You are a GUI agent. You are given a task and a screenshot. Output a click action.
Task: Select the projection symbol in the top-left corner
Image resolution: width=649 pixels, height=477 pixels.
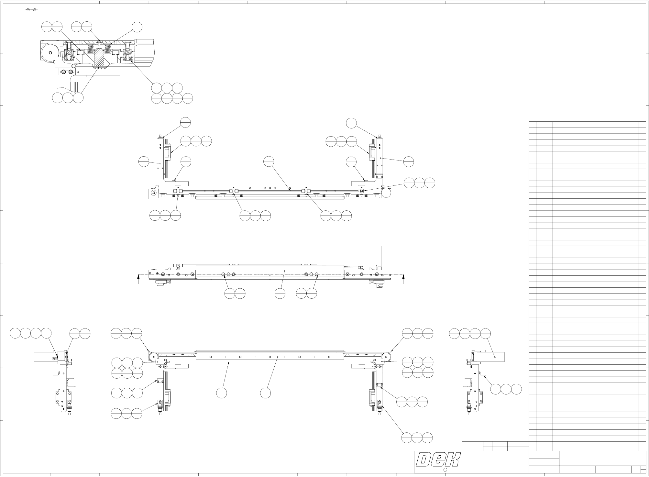pos(31,10)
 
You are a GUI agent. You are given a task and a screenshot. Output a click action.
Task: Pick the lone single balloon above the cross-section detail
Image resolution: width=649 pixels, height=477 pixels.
pos(137,27)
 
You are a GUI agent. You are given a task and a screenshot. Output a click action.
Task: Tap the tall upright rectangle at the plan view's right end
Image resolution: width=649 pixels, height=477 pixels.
pos(386,257)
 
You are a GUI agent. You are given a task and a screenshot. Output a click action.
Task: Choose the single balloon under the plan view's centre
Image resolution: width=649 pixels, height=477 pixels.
pos(280,293)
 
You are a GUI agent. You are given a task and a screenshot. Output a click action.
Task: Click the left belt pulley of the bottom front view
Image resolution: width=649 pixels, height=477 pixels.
pos(153,357)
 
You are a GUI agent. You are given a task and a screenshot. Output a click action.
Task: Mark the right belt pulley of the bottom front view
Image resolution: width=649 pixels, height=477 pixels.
pos(386,357)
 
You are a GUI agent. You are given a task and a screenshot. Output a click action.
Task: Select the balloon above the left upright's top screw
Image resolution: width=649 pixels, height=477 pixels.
pos(185,122)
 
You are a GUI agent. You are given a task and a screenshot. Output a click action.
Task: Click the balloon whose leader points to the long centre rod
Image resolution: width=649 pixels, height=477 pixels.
pos(269,161)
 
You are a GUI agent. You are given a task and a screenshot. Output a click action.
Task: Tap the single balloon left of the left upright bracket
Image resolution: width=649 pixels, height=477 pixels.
pos(144,161)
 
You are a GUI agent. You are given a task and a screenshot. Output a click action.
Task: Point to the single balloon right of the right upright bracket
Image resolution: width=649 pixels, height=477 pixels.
pos(409,161)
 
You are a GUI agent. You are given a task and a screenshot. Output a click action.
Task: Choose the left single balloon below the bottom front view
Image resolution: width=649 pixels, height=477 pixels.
pos(222,393)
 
